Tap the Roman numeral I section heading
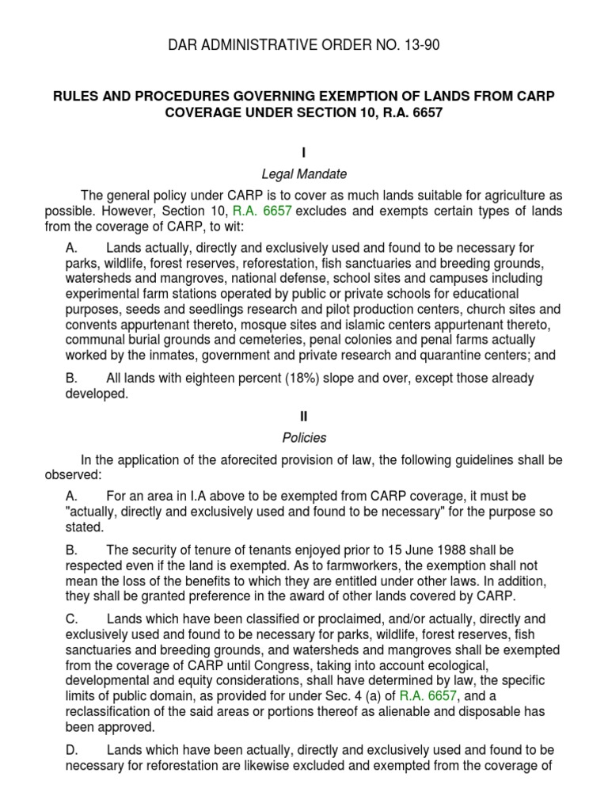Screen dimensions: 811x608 [304, 151]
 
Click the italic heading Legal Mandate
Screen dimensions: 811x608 [304, 173]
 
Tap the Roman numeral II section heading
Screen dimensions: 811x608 [304, 416]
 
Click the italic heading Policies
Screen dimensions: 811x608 [304, 437]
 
